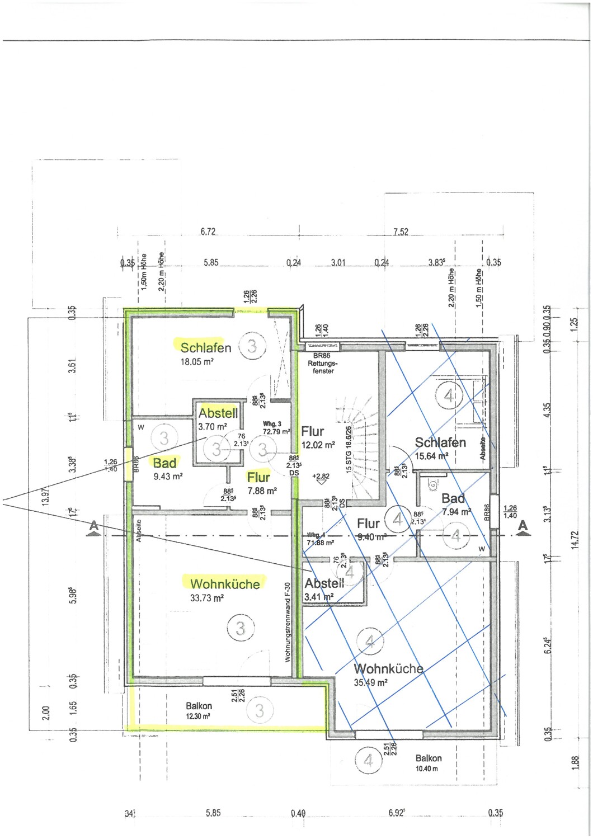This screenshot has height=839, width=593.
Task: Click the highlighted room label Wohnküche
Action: (225, 584)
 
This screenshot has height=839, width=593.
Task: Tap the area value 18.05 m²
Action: (196, 362)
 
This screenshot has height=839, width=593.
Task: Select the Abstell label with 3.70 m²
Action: (218, 413)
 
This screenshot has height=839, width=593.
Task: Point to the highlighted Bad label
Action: (164, 463)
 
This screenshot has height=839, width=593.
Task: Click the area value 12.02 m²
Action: (318, 445)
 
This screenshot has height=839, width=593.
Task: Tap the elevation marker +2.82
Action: (321, 477)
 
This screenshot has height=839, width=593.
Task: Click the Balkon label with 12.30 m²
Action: (199, 706)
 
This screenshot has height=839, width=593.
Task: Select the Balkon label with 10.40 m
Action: (429, 758)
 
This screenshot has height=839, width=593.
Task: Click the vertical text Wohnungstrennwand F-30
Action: (288, 623)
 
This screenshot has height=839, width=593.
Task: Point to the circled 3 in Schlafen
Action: (252, 346)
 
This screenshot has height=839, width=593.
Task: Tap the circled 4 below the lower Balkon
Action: (368, 760)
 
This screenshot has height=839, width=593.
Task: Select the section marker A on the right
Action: (523, 526)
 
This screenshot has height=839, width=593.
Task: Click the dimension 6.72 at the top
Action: (208, 232)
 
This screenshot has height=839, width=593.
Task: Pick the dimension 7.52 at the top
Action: (401, 232)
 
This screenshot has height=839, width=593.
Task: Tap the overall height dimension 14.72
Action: (575, 540)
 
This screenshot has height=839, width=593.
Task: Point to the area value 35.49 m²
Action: (370, 682)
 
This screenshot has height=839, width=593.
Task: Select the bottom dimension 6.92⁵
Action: (397, 813)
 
